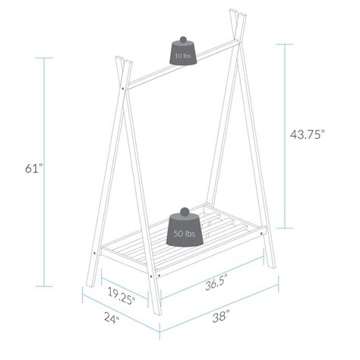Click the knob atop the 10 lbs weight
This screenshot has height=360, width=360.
(183, 37)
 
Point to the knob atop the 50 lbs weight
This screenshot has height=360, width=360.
(183, 211)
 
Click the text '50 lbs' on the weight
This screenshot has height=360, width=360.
(183, 234)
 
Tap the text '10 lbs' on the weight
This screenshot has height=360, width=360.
(183, 56)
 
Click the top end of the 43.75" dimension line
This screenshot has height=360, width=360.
(286, 44)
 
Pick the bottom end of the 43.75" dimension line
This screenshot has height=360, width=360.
(286, 229)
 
